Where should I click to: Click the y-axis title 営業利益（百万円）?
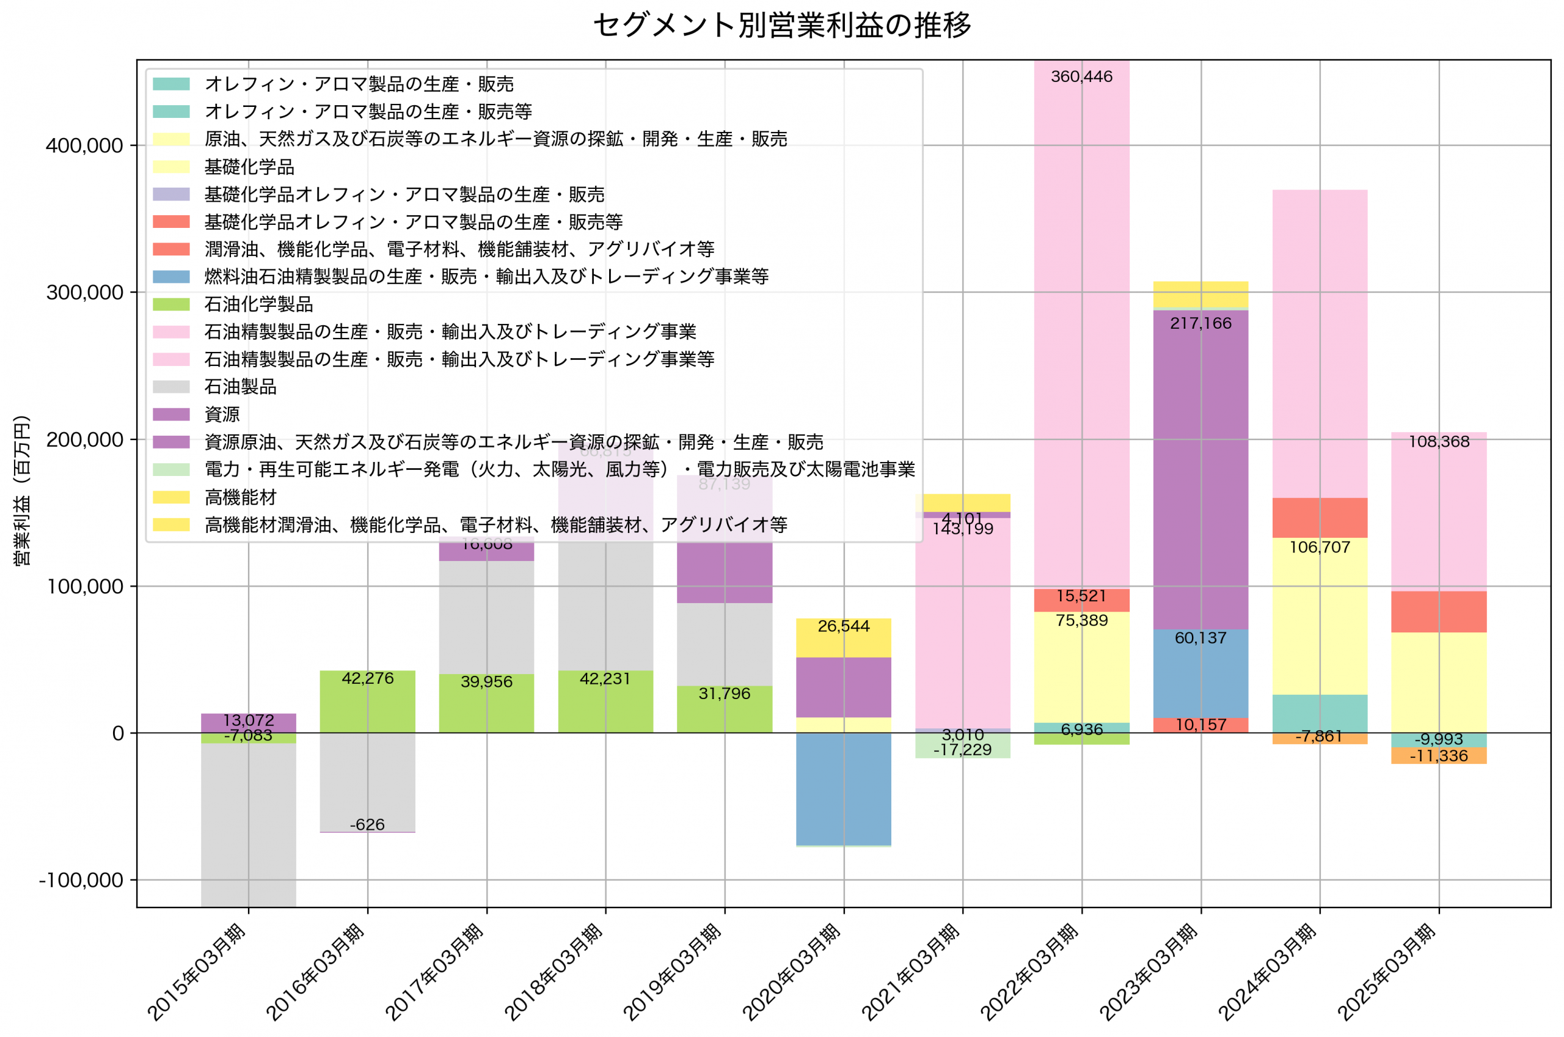click(x=22, y=490)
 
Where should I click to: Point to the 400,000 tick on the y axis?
click(x=84, y=145)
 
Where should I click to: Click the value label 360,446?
click(x=1081, y=77)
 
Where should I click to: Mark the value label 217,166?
click(x=1200, y=323)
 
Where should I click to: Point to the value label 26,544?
click(x=844, y=626)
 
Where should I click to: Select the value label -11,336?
click(x=1438, y=756)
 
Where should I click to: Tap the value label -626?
click(x=367, y=825)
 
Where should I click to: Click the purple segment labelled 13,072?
click(x=249, y=722)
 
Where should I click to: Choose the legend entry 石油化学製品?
click(x=258, y=304)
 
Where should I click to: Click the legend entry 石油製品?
click(x=240, y=387)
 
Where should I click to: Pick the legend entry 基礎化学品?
click(x=249, y=167)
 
